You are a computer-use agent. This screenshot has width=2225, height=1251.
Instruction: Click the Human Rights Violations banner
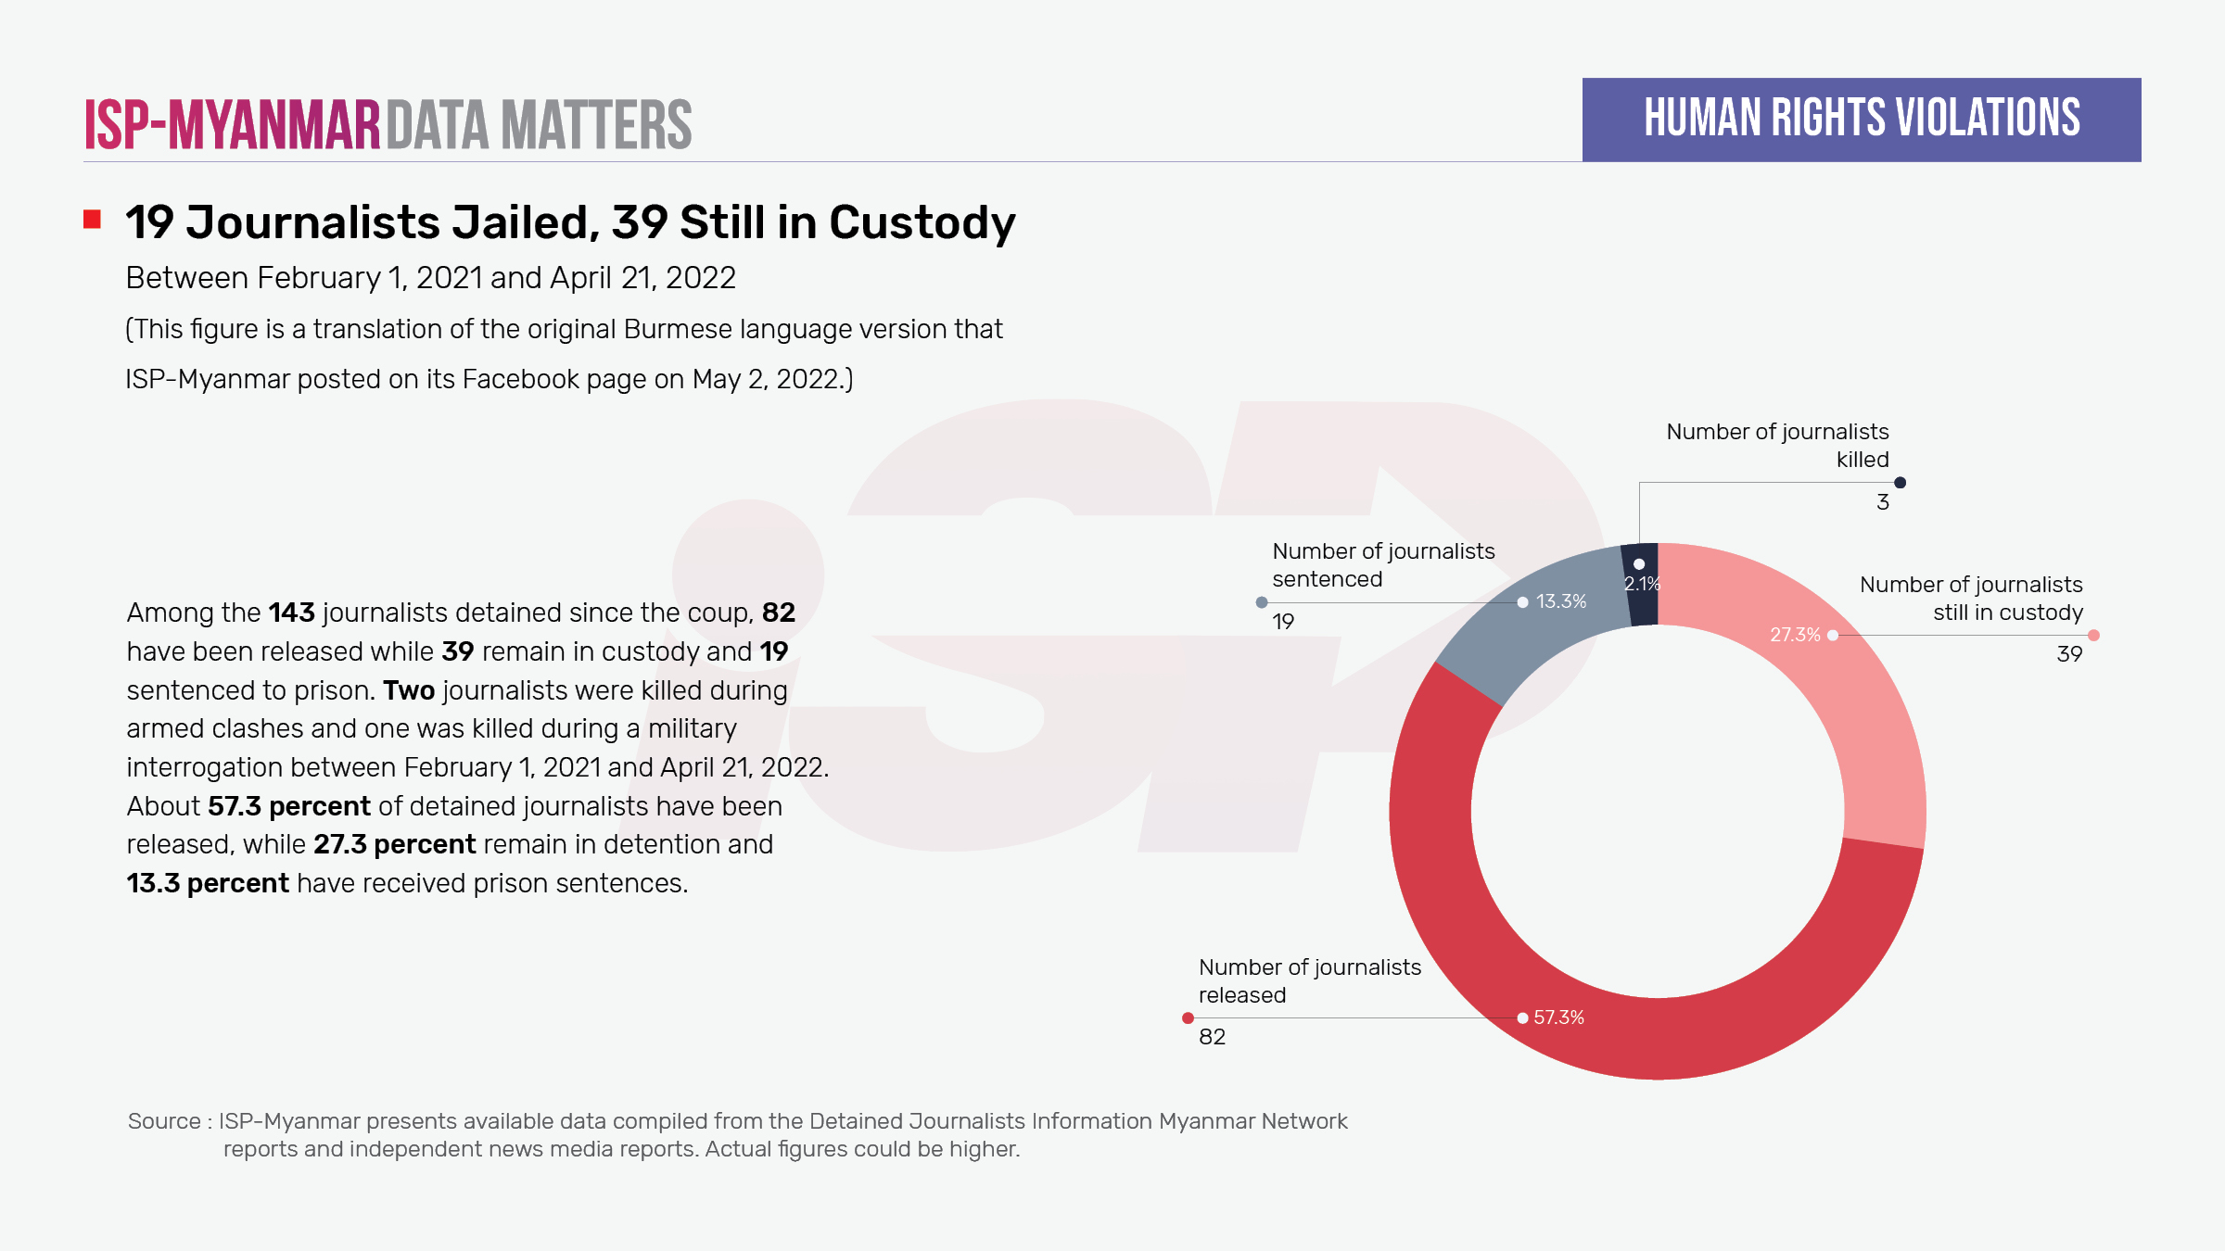(x=1861, y=120)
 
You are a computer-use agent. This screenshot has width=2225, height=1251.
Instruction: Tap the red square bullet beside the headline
(x=92, y=220)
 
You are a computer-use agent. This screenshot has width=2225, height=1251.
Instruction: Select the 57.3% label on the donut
(x=1558, y=1017)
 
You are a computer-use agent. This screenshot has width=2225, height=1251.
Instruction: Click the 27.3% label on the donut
(x=1795, y=635)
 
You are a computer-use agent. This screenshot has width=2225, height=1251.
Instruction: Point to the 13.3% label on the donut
(x=1561, y=601)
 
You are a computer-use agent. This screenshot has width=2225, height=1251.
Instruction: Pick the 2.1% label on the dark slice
(x=1642, y=584)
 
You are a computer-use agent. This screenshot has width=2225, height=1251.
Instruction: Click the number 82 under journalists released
(x=1212, y=1037)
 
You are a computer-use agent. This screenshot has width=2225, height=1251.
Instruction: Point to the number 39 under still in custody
(x=2069, y=654)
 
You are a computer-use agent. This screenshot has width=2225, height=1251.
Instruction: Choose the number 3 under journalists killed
(x=1882, y=502)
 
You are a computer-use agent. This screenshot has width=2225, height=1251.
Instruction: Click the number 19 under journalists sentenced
(x=1283, y=622)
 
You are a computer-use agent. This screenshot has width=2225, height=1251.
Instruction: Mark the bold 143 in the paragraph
(x=291, y=613)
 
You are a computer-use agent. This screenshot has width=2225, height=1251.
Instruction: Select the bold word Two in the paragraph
(x=409, y=690)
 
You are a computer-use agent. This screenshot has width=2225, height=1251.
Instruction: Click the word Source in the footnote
(x=164, y=1121)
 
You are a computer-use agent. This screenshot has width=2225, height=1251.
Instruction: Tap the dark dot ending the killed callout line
(x=1900, y=483)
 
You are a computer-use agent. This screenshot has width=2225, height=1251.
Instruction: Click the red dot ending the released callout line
(x=1188, y=1018)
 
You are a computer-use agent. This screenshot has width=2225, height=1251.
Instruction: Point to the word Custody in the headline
(x=922, y=223)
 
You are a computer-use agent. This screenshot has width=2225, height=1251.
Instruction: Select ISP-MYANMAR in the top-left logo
(x=233, y=124)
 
